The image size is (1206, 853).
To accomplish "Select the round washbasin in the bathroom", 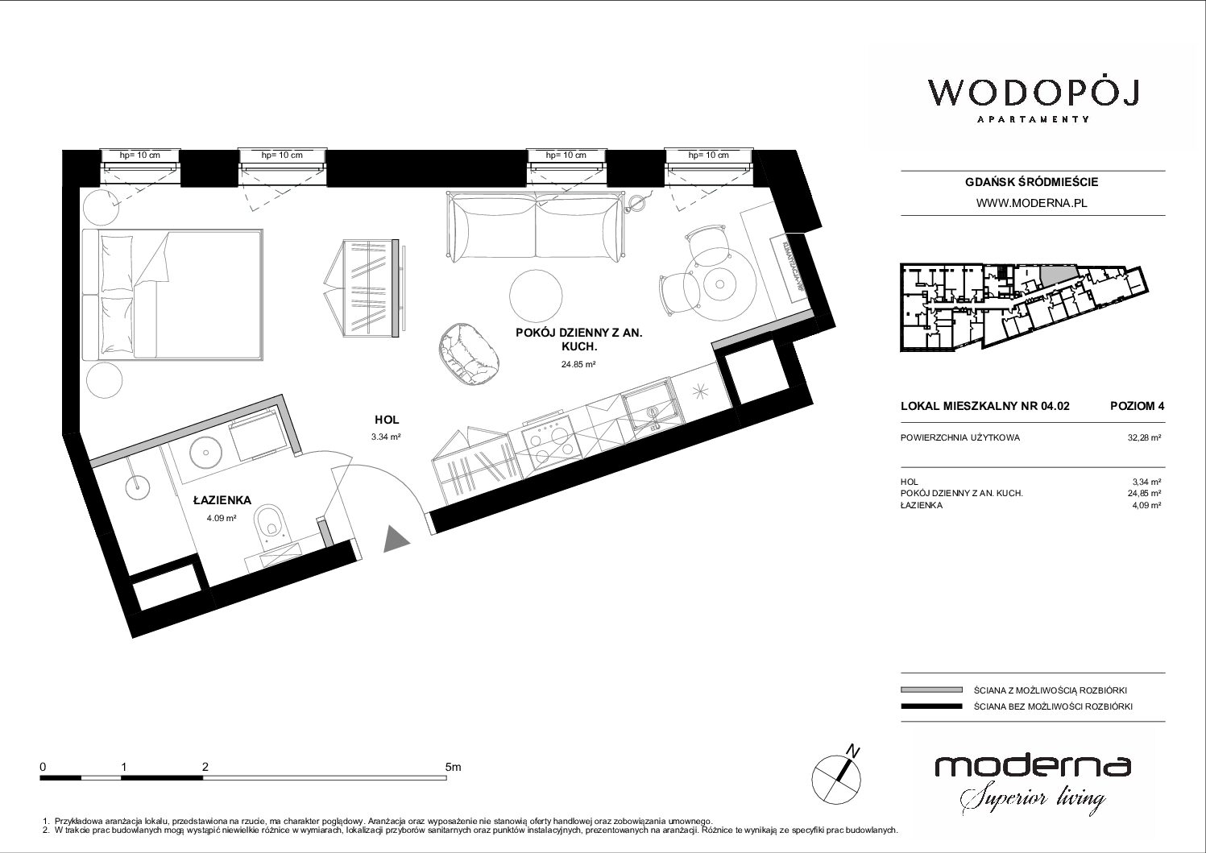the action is (205, 451).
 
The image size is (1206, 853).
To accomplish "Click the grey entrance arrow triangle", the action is (396, 539).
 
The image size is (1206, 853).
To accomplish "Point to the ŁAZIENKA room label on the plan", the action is (222, 500).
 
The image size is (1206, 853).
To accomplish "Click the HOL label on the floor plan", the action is (387, 420).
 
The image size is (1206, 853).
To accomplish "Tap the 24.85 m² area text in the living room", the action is (578, 364).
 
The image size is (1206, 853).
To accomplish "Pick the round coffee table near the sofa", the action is (536, 296).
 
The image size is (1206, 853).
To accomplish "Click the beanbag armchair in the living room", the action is (468, 354).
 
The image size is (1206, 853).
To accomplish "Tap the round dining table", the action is (719, 284).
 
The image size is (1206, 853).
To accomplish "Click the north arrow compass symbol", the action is (836, 776).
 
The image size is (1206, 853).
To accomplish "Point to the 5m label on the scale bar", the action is (454, 767).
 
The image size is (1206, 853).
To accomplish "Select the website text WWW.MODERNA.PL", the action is (1031, 203).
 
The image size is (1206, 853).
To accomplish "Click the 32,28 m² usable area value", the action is (1144, 437).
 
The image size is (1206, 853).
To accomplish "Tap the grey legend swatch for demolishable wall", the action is (931, 690).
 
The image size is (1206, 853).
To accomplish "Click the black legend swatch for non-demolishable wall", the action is (931, 706).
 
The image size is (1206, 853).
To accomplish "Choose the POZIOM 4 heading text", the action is (1137, 406).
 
